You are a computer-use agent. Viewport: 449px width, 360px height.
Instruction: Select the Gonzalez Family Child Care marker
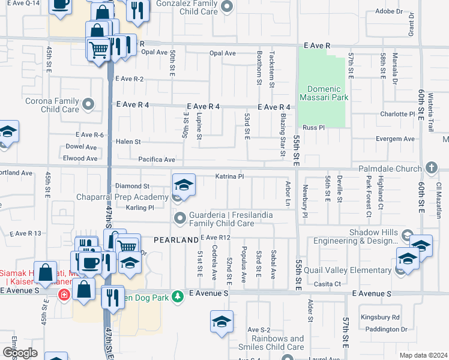point(226,7)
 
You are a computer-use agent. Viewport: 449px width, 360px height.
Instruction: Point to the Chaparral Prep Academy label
point(122,197)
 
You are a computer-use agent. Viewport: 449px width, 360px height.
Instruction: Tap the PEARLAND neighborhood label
point(176,240)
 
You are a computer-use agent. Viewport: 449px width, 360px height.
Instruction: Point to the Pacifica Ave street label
point(156,160)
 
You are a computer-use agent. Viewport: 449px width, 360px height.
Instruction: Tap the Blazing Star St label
point(283,136)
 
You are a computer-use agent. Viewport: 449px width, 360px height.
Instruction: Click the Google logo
point(20,353)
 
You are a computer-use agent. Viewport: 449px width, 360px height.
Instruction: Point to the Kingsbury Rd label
point(380,317)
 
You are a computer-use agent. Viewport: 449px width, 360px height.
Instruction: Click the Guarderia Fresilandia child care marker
point(178,217)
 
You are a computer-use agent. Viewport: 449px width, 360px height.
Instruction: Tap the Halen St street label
point(128,142)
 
